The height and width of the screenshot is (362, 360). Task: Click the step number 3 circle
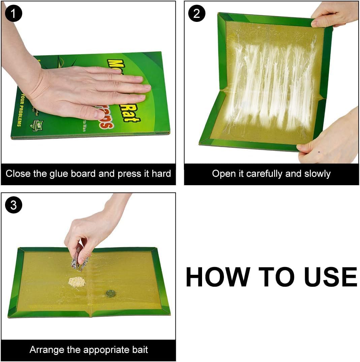tap(14, 205)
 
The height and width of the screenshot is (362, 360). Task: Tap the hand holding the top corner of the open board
tap(333, 15)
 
